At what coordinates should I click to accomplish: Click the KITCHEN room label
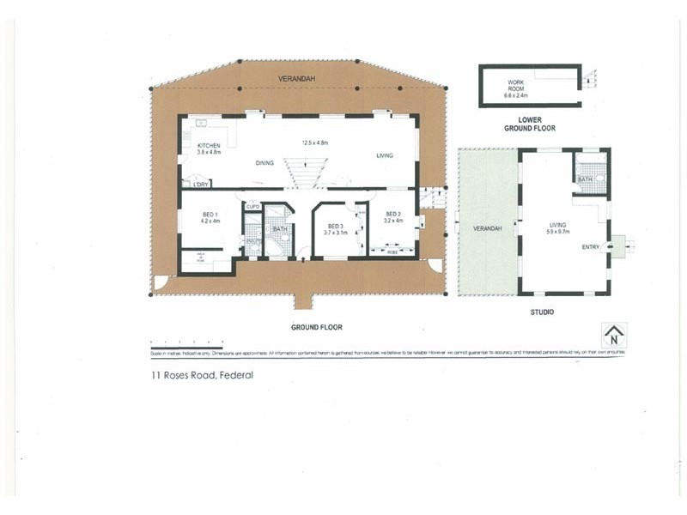click(209, 146)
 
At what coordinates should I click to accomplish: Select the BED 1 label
click(210, 214)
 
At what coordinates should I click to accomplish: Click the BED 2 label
click(393, 214)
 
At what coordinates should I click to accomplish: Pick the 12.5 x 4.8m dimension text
click(315, 142)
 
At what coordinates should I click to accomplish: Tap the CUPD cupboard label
click(252, 207)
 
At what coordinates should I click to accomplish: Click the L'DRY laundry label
click(202, 184)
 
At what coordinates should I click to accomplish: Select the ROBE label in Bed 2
click(392, 252)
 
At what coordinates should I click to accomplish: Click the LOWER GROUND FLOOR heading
click(530, 124)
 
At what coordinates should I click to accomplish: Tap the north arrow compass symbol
click(613, 335)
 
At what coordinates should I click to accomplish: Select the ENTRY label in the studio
click(591, 247)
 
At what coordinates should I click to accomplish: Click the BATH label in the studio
click(586, 179)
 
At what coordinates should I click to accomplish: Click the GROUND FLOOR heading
click(318, 327)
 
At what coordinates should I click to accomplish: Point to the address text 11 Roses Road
click(197, 375)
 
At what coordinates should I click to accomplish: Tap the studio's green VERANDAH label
click(487, 228)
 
